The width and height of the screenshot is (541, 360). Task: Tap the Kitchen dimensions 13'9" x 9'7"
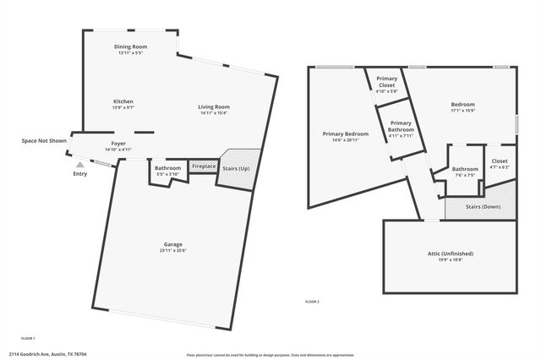tap(123, 108)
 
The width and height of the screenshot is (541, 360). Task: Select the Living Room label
tap(214, 106)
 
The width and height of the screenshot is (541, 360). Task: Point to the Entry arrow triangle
tap(80, 166)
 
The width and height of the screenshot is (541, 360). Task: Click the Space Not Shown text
tap(44, 140)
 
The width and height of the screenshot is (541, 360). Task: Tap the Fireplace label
tap(204, 167)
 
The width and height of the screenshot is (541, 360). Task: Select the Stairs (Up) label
tap(235, 168)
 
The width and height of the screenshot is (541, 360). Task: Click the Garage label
tap(172, 245)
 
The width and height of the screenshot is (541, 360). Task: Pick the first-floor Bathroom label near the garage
tap(167, 168)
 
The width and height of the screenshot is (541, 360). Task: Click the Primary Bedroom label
tap(346, 134)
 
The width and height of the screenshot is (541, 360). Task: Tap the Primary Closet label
tap(386, 83)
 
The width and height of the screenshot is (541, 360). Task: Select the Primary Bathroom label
tap(402, 126)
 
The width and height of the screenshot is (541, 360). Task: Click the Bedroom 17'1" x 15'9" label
tap(462, 105)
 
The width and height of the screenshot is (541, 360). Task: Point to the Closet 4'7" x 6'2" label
tap(500, 161)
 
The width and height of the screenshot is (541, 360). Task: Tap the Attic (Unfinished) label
tap(450, 254)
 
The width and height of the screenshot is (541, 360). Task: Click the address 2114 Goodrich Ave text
tap(48, 354)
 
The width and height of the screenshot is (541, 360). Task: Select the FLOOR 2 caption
tap(312, 302)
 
